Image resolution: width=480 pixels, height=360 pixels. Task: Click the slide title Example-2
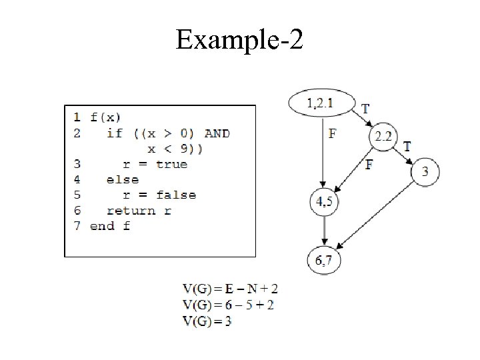239,41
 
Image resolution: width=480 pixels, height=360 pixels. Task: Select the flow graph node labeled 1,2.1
322,103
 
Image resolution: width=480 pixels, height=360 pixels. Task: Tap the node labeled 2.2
383,137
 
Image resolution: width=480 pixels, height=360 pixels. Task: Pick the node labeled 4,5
324,203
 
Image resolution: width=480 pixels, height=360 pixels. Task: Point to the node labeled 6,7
324,260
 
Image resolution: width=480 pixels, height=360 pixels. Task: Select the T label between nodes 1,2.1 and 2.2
365,108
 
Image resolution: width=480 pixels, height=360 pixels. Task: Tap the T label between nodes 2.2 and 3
407,145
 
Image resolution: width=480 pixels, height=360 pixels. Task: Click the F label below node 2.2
369,165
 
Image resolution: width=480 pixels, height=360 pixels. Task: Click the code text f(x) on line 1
105,117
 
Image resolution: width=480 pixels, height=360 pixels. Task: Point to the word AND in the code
217,133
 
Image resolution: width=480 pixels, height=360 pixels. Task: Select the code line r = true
155,164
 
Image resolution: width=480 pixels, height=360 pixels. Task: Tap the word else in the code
122,179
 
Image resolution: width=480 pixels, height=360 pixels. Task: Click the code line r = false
159,195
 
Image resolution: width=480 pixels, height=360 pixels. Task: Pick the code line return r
139,210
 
